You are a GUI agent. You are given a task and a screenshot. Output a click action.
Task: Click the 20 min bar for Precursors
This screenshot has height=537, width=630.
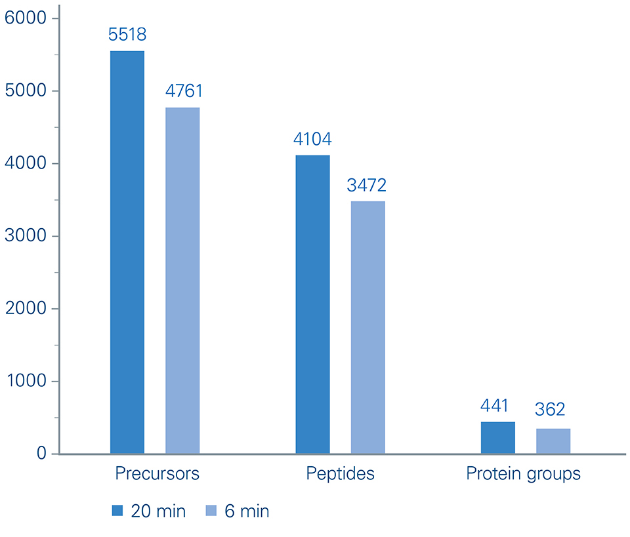click(x=127, y=252)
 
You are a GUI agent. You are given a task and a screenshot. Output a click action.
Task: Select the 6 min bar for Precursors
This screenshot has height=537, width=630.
click(x=182, y=281)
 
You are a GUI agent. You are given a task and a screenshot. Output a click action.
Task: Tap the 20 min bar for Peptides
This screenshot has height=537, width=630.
click(x=313, y=304)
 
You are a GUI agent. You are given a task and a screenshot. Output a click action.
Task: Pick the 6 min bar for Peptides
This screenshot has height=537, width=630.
click(x=368, y=327)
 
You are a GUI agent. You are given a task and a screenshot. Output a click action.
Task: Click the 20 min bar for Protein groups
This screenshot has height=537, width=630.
click(x=498, y=437)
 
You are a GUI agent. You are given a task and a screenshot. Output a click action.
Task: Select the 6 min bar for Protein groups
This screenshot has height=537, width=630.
click(x=553, y=441)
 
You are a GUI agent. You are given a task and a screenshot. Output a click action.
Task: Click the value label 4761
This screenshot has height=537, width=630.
click(x=182, y=91)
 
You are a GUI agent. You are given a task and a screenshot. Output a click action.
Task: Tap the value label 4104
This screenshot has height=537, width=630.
click(x=313, y=139)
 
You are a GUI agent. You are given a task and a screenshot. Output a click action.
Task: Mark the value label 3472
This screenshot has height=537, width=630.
click(x=368, y=186)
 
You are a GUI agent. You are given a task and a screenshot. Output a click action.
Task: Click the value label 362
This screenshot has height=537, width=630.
click(x=550, y=410)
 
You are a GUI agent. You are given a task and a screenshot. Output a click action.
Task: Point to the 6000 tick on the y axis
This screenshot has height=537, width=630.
click(x=26, y=18)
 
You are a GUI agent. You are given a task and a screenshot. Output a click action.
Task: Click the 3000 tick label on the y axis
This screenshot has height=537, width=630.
click(x=26, y=236)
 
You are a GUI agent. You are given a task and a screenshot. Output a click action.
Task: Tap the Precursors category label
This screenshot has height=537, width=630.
click(x=157, y=474)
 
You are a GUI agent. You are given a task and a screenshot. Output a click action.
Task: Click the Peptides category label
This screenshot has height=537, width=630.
click(x=341, y=474)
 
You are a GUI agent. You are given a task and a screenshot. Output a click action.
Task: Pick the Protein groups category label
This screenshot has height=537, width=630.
click(x=523, y=474)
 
